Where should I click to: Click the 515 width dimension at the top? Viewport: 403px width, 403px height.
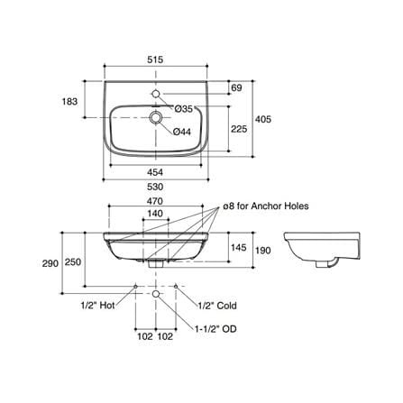coord(155,60)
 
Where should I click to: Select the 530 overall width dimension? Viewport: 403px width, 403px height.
coord(155,187)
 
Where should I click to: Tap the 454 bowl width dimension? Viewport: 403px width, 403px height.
coord(155,172)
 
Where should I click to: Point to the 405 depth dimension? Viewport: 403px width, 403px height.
coord(263,119)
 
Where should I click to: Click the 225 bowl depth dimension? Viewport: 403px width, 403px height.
coord(239,129)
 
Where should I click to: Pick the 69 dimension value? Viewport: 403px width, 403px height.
coord(237,88)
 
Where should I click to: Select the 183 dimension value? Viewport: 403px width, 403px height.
coord(69,102)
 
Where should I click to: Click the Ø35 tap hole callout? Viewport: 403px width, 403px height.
coord(183,109)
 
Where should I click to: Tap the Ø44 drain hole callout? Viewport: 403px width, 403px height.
coord(182,132)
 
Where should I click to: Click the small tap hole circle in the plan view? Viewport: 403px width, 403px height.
coord(156,94)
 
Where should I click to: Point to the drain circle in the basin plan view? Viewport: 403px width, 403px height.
coord(156,117)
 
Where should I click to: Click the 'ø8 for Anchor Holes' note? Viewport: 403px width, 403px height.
coord(266,206)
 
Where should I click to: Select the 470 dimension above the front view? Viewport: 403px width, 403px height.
coord(155,201)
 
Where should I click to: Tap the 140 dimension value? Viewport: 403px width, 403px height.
coord(155,214)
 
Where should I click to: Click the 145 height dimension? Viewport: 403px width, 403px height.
coord(239,248)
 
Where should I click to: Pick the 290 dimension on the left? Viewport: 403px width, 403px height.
coord(50,263)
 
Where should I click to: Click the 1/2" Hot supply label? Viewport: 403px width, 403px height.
coord(98,306)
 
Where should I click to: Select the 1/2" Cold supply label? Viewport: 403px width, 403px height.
coord(217,306)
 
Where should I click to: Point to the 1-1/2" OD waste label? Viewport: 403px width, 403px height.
coord(215,329)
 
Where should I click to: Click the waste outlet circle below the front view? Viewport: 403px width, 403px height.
coord(156,294)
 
